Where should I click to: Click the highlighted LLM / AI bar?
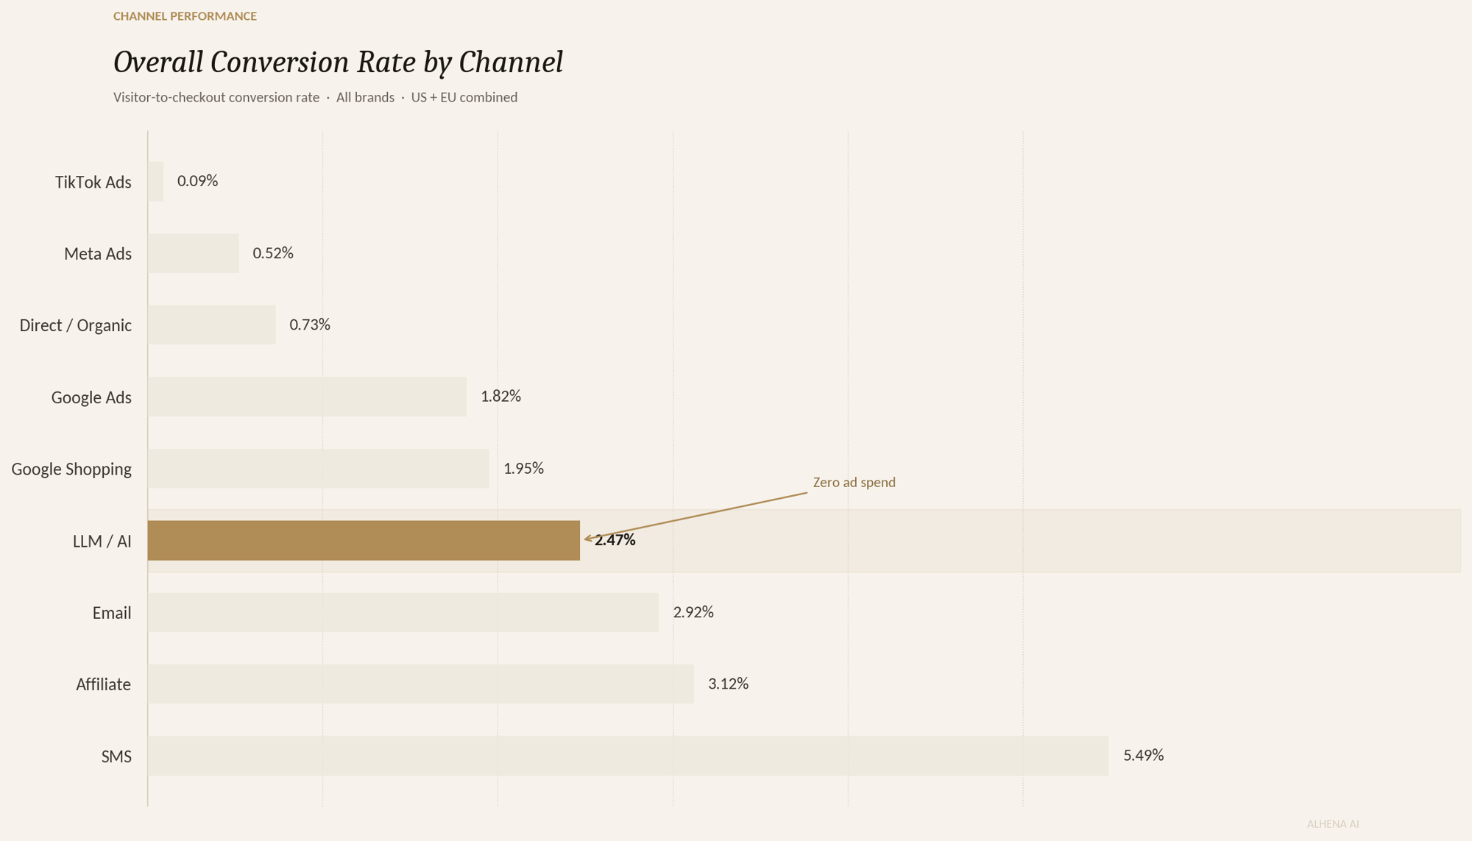pos(364,541)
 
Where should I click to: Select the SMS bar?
pos(628,756)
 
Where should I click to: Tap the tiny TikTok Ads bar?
pos(155,181)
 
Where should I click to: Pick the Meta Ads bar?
pos(193,253)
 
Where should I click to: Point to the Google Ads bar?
pos(307,397)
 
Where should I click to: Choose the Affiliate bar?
pos(420,684)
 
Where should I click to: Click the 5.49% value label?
pos(1143,755)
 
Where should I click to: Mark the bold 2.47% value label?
pos(615,540)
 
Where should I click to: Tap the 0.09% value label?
pos(197,181)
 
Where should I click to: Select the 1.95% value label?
pos(523,469)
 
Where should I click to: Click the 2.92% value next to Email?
pos(693,612)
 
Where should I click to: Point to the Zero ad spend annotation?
pos(854,483)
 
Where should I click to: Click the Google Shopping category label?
pos(71,469)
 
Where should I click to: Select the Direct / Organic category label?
pos(75,325)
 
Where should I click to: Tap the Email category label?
pos(111,613)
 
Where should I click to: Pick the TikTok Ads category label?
pos(93,182)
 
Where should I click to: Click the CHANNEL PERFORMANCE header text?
pos(185,16)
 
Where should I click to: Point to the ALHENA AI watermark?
pos(1332,824)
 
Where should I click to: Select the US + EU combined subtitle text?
pos(464,98)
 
